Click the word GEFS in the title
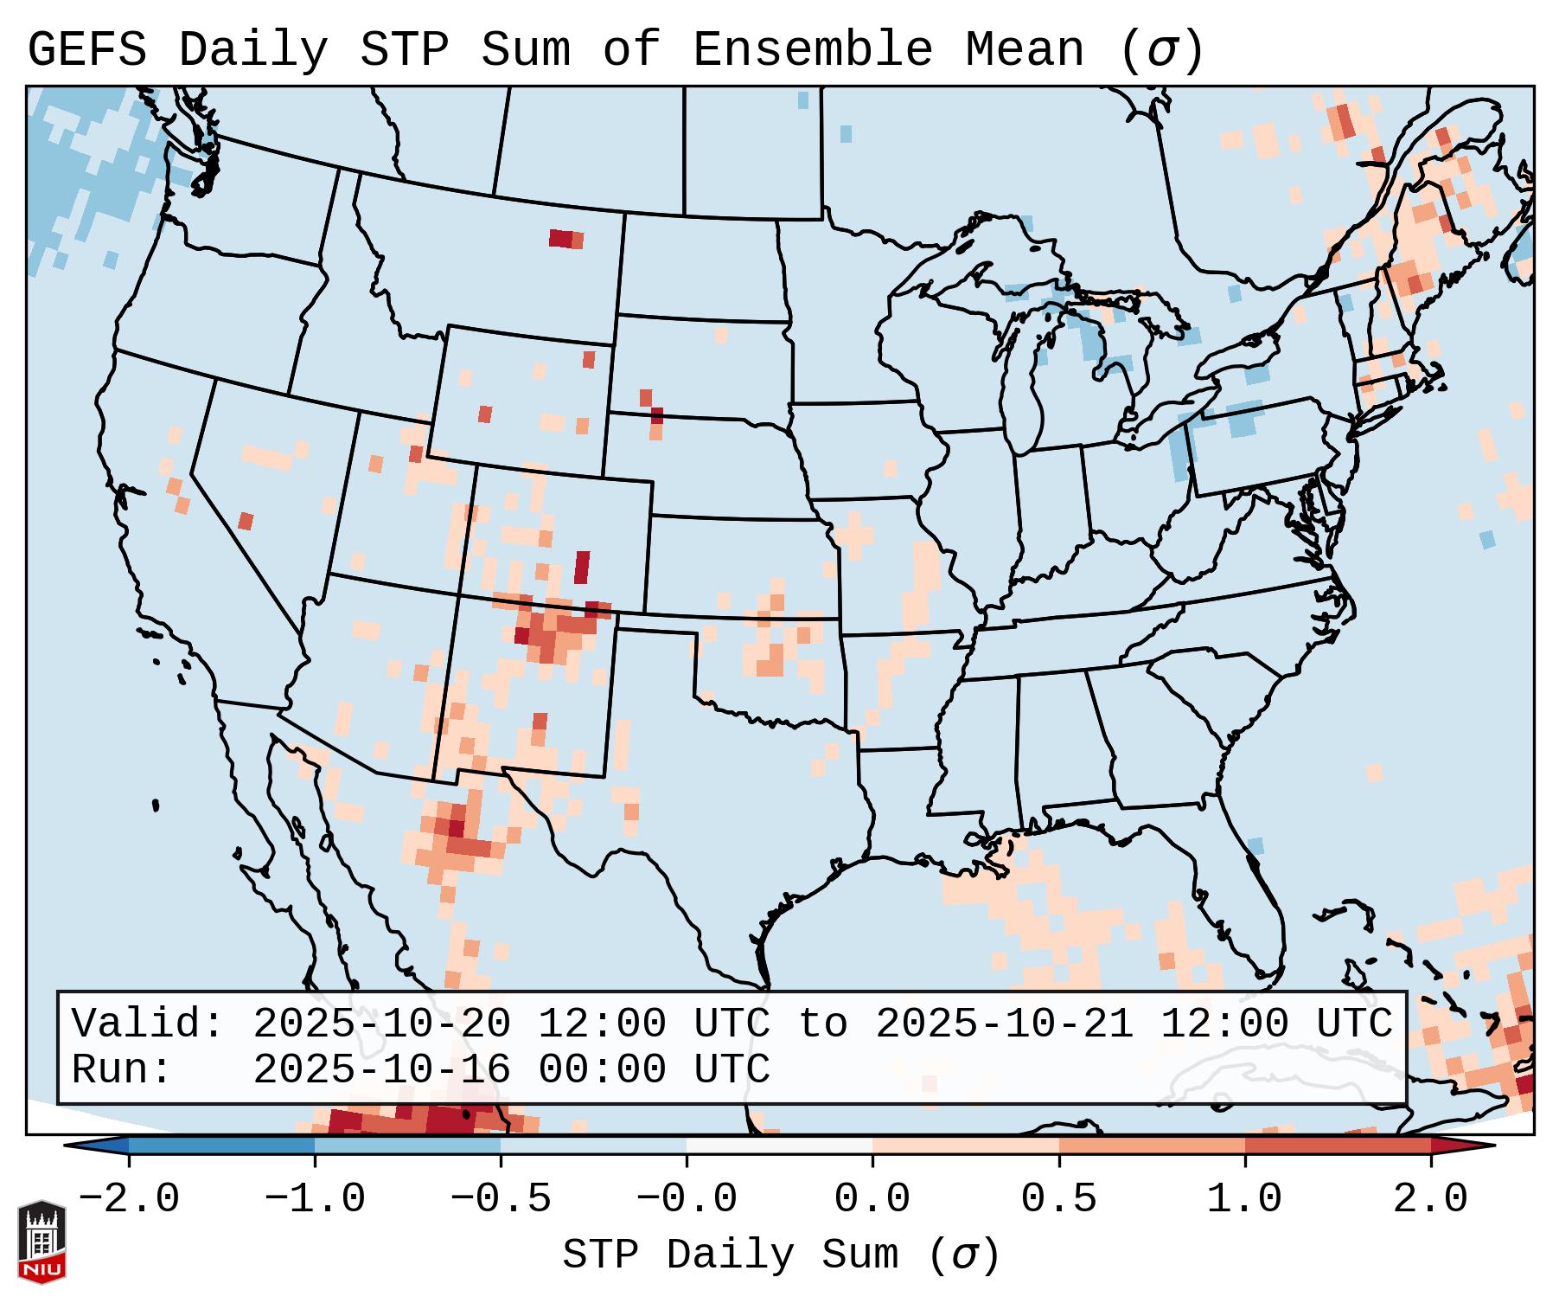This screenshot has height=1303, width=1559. point(86,49)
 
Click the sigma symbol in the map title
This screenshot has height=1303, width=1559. point(1161,51)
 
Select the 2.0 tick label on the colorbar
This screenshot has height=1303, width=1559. point(1430,1199)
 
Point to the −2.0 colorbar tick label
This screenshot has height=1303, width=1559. point(129,1199)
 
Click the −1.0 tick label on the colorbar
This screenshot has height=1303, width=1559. point(315,1199)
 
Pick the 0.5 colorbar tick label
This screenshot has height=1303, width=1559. point(1058,1199)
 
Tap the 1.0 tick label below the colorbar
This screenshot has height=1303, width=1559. point(1244,1199)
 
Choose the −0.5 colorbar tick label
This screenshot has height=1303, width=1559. point(501,1199)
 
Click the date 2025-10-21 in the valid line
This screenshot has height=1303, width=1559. point(1004,1024)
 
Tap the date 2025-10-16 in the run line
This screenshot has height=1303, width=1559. point(381,1069)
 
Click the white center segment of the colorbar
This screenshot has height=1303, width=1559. point(779,1146)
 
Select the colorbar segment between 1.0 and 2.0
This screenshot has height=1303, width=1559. point(1337,1146)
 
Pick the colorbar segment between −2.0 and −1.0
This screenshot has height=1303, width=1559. point(221,1146)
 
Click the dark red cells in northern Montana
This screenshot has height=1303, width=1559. point(561,238)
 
